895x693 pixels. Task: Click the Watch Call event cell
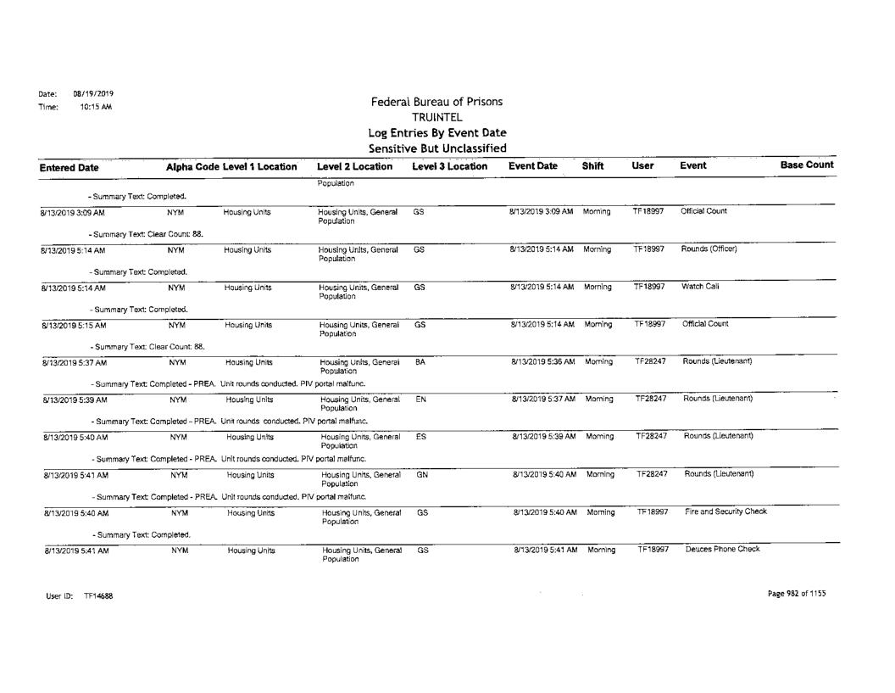699,288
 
